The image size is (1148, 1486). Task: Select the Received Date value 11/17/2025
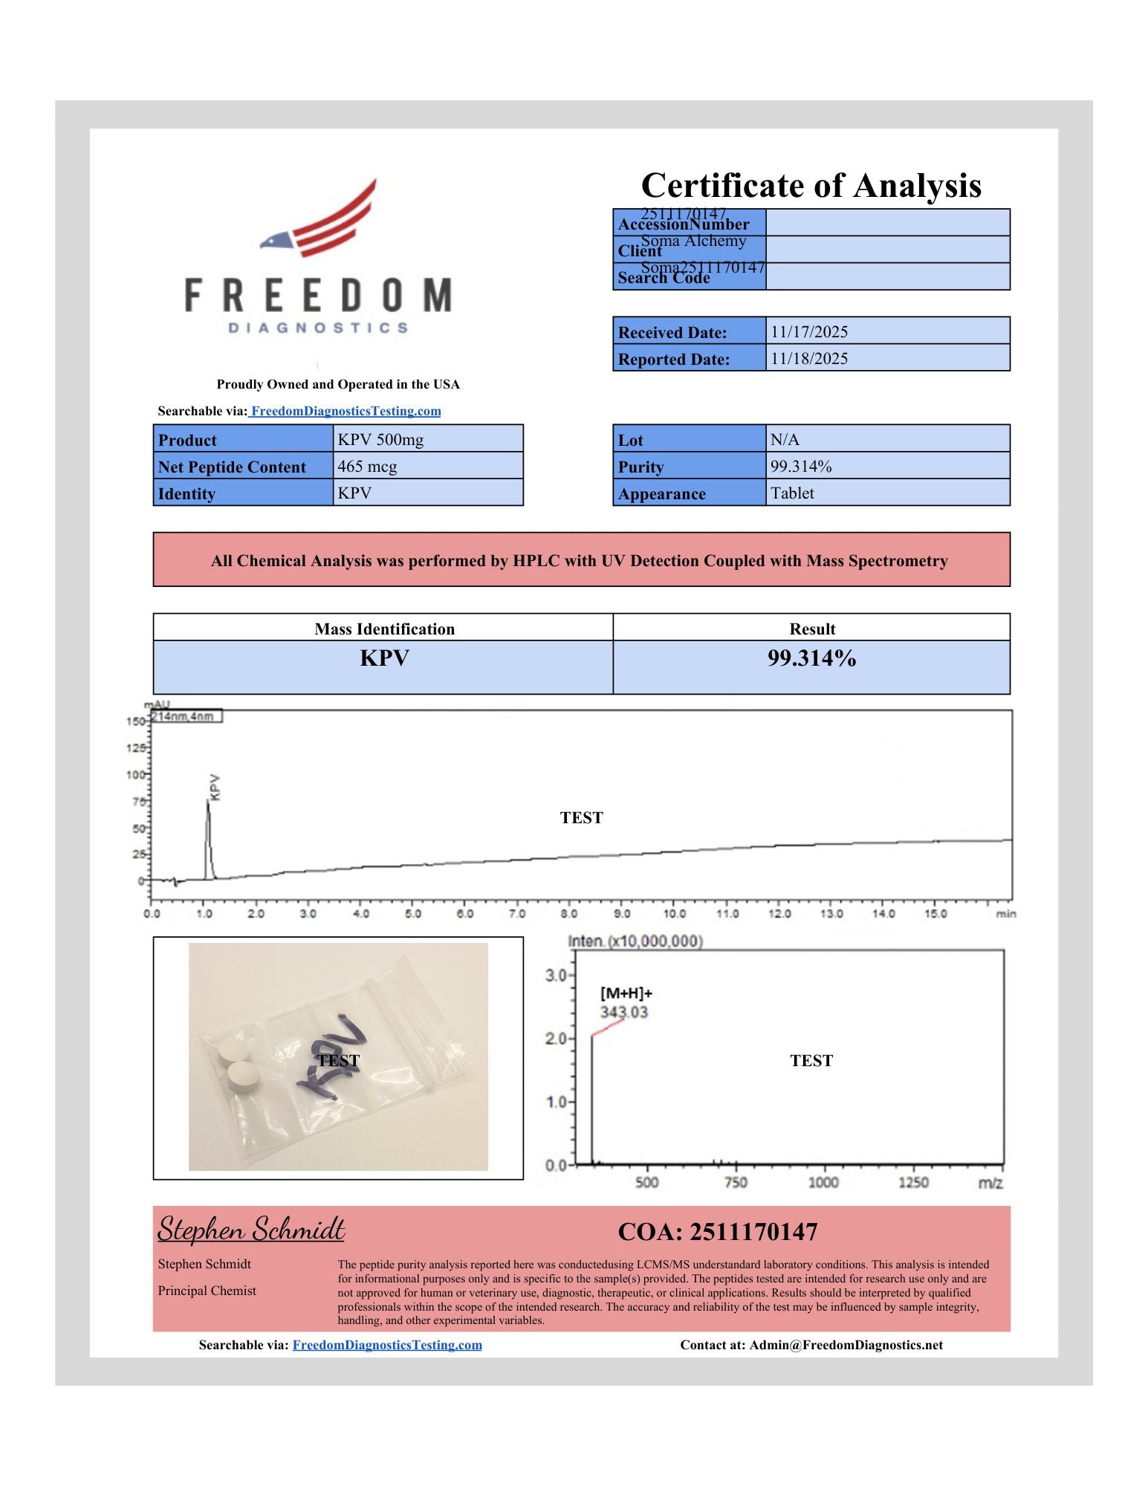(x=808, y=331)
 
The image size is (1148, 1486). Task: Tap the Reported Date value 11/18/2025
(x=808, y=358)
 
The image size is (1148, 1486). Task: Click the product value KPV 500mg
(x=380, y=439)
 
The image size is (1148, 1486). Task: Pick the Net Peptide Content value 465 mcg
(x=367, y=466)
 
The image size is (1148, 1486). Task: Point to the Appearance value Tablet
(x=792, y=493)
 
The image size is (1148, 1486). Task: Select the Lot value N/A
(x=785, y=439)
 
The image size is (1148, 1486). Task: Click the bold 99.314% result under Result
(x=811, y=658)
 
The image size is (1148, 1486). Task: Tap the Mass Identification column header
(x=384, y=629)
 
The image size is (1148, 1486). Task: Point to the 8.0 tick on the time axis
(x=569, y=914)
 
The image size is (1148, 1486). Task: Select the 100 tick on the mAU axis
(x=135, y=775)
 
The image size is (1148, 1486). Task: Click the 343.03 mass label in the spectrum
(x=623, y=1012)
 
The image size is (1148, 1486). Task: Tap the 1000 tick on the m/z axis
(x=823, y=1182)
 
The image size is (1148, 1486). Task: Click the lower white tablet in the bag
(x=243, y=1075)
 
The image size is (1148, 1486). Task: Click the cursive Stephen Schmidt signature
(x=251, y=1230)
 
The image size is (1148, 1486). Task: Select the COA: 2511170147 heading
(x=717, y=1232)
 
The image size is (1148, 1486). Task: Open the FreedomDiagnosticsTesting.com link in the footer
(x=387, y=1345)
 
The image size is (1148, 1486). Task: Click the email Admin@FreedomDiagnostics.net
(x=846, y=1345)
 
